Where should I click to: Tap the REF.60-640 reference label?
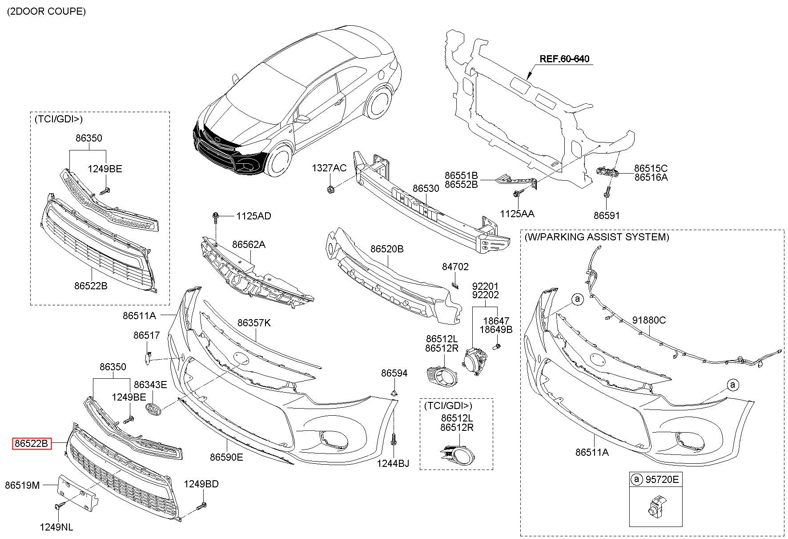pos(565,59)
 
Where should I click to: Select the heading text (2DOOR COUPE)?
pos(46,12)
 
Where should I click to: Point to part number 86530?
pos(426,188)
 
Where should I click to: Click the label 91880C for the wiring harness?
pos(649,320)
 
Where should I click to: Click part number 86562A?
pos(249,244)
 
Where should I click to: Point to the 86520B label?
pos(387,249)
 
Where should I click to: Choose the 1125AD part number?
pos(253,216)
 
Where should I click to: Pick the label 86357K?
pos(254,323)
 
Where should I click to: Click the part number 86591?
pos(607,215)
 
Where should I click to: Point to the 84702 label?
pos(455,267)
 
